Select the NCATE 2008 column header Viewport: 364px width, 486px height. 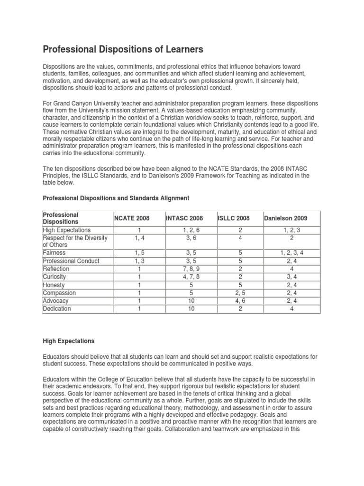[132, 218]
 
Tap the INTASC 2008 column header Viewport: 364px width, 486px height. [184, 218]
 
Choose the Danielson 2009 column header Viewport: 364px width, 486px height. [285, 218]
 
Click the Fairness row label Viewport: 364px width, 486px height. [55, 253]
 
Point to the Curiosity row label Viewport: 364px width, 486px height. [55, 277]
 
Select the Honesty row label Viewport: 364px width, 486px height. [54, 285]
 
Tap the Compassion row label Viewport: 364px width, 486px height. [59, 293]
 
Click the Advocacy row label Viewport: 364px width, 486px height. [55, 301]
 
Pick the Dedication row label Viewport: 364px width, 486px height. [57, 309]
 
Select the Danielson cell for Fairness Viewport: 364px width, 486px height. [291, 253]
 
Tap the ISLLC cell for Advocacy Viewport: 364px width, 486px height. [240, 301]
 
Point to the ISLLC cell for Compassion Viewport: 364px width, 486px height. [240, 293]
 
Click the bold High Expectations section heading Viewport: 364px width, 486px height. [69, 341]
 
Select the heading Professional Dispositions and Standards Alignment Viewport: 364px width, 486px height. [116, 197]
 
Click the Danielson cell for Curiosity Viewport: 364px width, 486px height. [291, 277]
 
